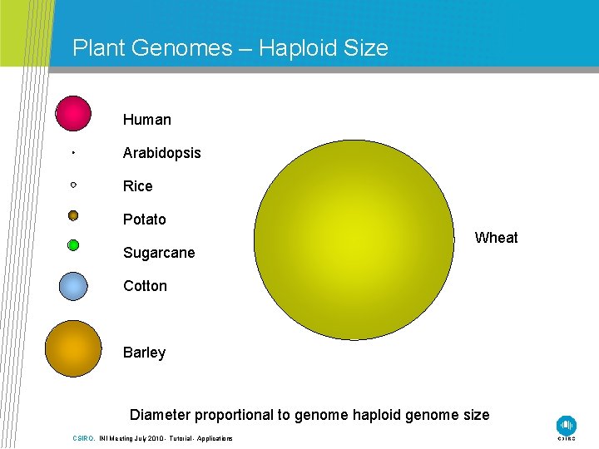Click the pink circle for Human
tap(73, 114)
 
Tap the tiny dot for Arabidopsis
tap(73, 153)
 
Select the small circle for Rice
tap(73, 184)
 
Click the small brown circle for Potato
tap(73, 215)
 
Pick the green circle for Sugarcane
tap(73, 245)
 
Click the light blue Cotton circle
tap(73, 286)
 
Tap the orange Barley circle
tap(73, 348)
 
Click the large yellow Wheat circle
tap(354, 239)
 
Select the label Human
tap(147, 120)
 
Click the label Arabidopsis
tap(161, 153)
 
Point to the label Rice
tap(138, 186)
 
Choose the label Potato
tap(145, 220)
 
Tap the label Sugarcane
tap(159, 253)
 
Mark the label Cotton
tap(145, 286)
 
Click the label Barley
tap(144, 353)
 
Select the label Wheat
tap(496, 238)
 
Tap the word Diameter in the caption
tap(161, 414)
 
